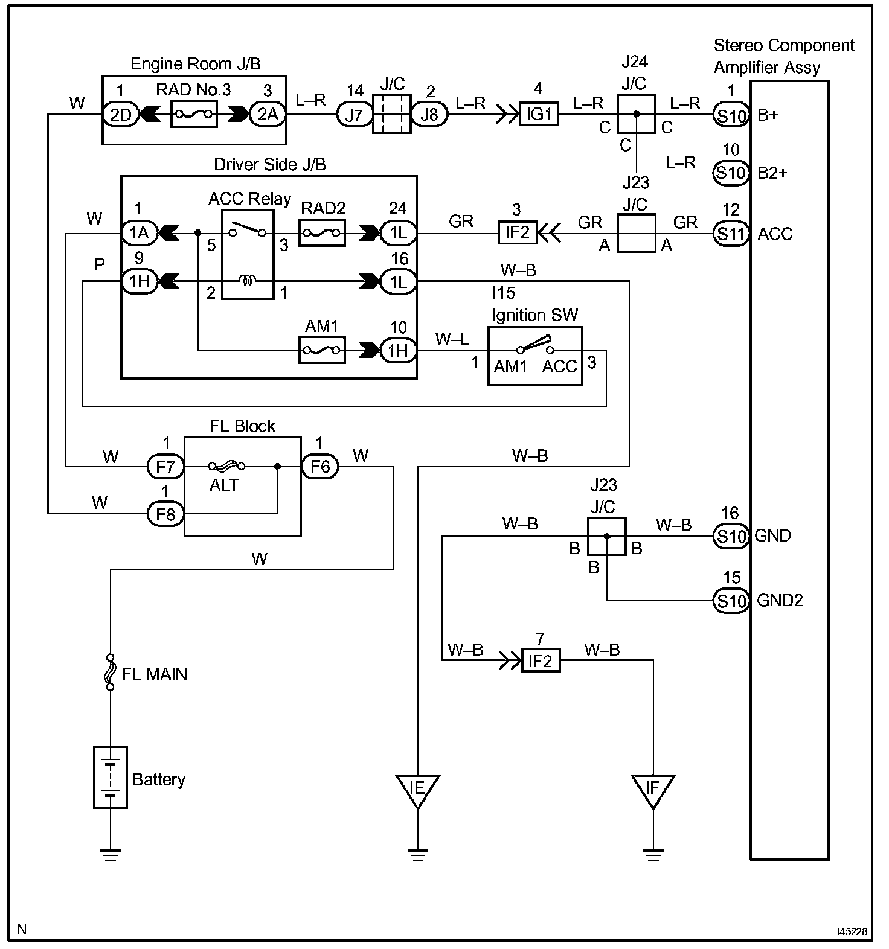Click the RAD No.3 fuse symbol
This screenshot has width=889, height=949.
[194, 113]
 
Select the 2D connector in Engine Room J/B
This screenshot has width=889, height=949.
[121, 113]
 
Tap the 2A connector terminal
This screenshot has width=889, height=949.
[267, 113]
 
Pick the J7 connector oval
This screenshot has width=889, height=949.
[354, 113]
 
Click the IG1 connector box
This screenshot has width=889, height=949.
[539, 113]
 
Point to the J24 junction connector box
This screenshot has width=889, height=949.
[636, 113]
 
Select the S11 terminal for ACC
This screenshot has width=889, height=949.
[731, 233]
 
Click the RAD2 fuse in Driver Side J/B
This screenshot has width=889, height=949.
[322, 233]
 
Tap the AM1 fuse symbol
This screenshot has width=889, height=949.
[322, 350]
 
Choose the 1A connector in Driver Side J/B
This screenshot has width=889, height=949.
[140, 233]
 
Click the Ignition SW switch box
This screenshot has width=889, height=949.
[535, 356]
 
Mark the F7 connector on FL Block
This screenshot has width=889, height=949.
[165, 467]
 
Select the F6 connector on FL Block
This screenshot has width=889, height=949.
[319, 467]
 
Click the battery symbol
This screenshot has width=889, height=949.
[111, 777]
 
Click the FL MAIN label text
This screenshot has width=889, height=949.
[155, 674]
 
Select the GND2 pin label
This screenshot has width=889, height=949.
[780, 601]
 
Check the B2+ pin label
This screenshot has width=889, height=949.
[772, 173]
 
